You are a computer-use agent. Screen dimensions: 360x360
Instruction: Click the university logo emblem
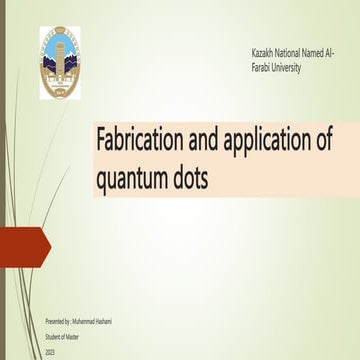tap(61, 62)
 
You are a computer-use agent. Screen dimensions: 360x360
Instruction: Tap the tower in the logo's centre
tap(61, 55)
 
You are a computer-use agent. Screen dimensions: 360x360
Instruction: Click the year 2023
tap(50, 352)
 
